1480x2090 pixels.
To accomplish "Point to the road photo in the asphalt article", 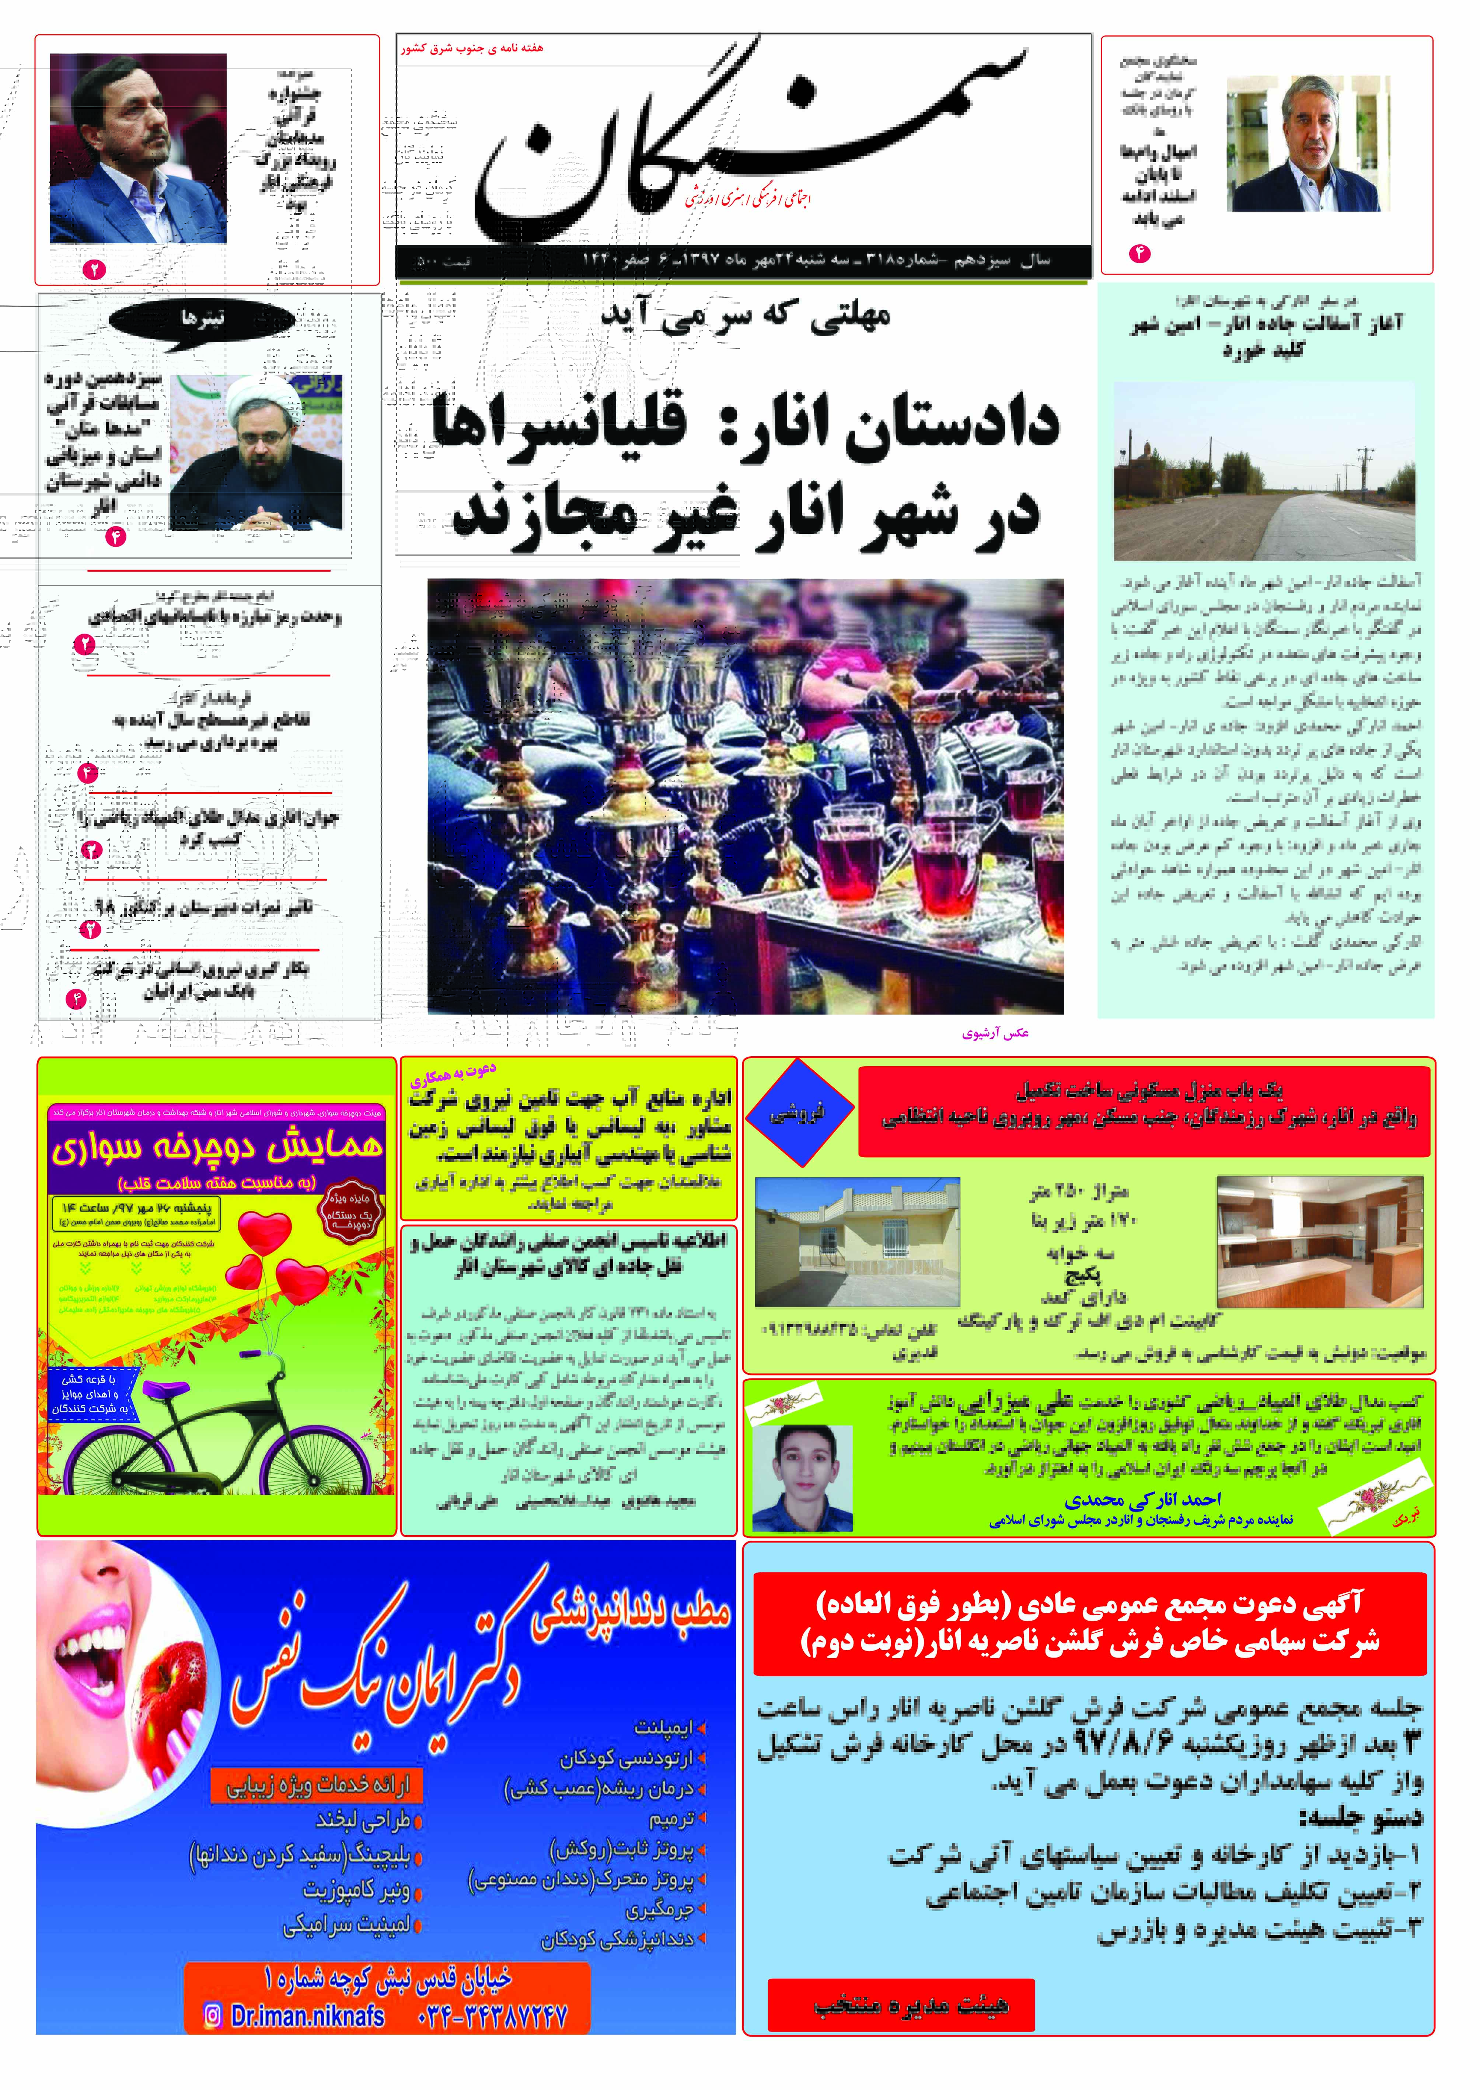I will pyautogui.click(x=1264, y=471).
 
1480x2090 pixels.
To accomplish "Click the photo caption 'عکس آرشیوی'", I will pyautogui.click(x=995, y=1033).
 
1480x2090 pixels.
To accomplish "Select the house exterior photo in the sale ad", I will pyautogui.click(x=857, y=1241).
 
